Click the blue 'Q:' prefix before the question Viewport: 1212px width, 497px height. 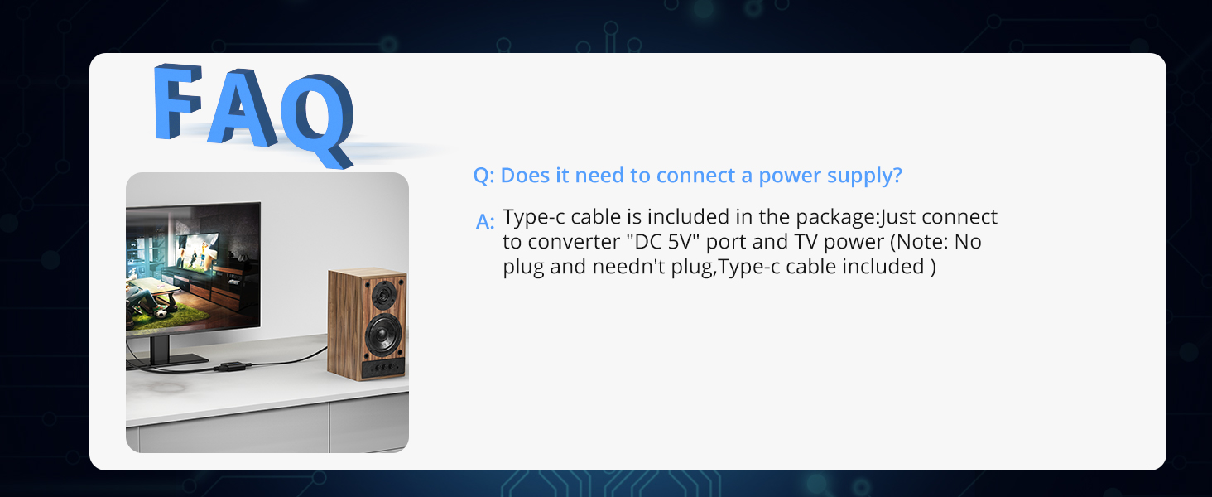click(x=483, y=176)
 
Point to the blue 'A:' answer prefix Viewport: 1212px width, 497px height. click(x=485, y=222)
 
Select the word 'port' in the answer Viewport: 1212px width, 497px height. click(x=725, y=243)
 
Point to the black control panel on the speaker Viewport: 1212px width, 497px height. click(x=383, y=368)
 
